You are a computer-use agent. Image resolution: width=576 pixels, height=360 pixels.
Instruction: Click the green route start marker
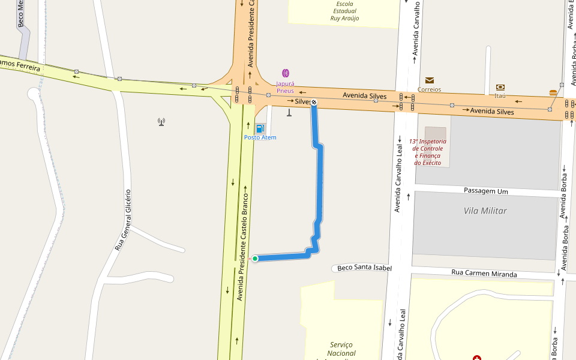(255, 259)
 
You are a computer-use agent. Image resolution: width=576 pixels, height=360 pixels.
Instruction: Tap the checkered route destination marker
(313, 102)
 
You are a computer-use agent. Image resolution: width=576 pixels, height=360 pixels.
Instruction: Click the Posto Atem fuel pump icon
(260, 128)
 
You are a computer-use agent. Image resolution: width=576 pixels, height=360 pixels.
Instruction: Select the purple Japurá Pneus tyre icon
(286, 73)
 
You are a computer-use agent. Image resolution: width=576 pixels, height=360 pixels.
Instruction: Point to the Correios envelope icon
(430, 80)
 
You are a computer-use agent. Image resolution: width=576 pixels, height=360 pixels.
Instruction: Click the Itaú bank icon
(500, 87)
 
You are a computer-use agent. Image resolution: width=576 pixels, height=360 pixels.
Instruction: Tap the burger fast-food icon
(553, 92)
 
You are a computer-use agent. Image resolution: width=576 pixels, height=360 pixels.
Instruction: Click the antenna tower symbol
(161, 122)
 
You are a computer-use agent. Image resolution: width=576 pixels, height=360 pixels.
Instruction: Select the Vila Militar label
(485, 211)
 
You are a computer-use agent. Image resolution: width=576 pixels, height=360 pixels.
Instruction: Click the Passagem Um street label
(486, 191)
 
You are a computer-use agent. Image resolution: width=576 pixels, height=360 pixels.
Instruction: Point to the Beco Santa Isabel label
(364, 268)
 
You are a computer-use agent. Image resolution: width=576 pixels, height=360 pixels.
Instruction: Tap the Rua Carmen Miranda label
(484, 274)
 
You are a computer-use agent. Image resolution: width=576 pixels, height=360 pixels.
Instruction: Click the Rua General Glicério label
(123, 220)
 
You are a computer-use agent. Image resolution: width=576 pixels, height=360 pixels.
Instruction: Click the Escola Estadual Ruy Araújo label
(344, 11)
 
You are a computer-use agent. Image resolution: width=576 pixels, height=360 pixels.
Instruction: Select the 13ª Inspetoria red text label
(427, 152)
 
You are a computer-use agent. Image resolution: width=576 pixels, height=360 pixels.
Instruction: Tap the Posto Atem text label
(260, 137)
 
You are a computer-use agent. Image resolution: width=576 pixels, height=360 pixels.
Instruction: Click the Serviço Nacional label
(341, 349)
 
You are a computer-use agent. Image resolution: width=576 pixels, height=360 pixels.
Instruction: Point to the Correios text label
(430, 89)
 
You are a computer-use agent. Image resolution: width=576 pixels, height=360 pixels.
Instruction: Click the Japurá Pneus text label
(285, 87)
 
